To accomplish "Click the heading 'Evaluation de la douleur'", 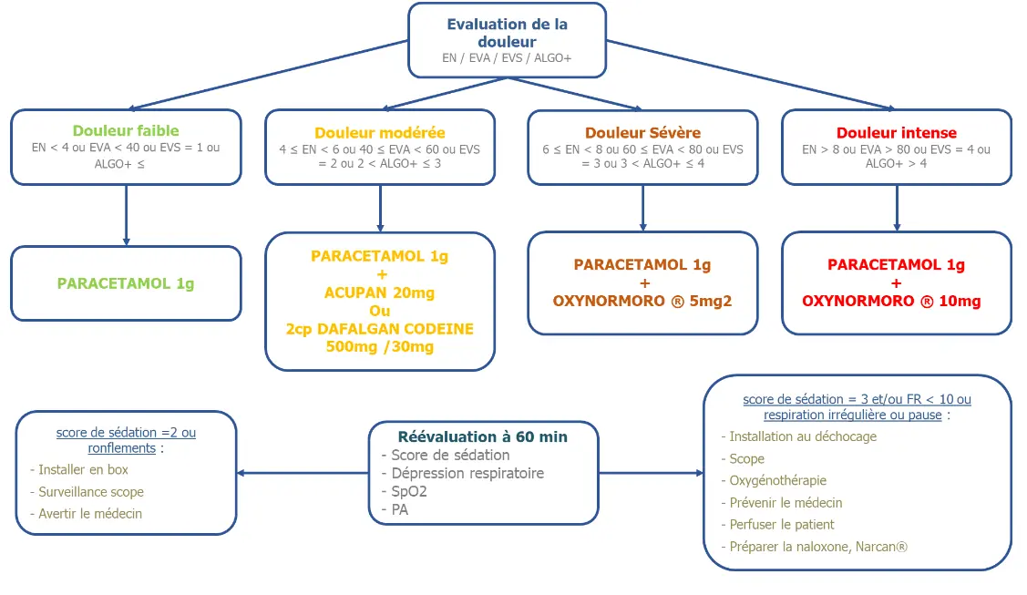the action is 507,33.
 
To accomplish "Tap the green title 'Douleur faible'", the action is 126,131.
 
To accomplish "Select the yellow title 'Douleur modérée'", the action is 380,133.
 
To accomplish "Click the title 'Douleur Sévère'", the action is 642,133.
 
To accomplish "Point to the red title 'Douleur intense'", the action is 897,133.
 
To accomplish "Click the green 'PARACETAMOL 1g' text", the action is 126,283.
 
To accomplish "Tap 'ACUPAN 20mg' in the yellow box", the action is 379,292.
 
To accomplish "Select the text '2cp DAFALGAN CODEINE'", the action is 379,329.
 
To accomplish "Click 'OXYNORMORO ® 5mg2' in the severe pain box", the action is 642,301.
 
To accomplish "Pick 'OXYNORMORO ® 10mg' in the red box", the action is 891,301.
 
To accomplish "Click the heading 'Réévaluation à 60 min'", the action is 483,436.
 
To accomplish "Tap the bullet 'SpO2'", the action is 404,491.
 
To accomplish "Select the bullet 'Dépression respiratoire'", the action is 462,473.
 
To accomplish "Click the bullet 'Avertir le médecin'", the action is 86,514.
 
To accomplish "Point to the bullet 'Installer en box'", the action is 79,470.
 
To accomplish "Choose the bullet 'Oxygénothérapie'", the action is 774,480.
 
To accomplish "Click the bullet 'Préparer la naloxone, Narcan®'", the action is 814,547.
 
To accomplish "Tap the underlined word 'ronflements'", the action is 122,448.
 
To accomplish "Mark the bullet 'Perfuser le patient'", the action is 777,524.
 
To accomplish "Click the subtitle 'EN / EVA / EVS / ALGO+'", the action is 507,58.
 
